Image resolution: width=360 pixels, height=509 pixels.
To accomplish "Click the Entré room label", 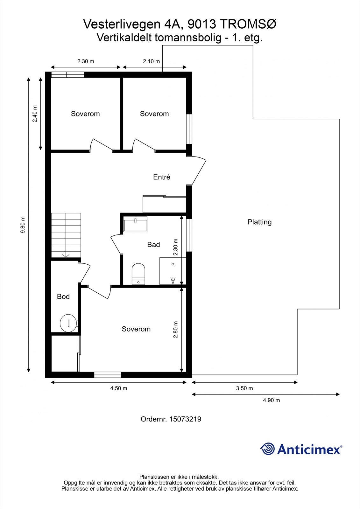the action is pyautogui.click(x=161, y=177).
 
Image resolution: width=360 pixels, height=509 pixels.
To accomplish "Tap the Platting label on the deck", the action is pyautogui.click(x=259, y=222).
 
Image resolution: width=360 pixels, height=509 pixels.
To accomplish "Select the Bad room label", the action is pyautogui.click(x=153, y=245).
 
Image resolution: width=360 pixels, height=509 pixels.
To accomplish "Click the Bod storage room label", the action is pyautogui.click(x=63, y=296).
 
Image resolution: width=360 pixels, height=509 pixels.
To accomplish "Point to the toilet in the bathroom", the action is pyautogui.click(x=138, y=274).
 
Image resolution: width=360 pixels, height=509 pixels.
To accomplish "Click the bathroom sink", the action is pyautogui.click(x=135, y=224).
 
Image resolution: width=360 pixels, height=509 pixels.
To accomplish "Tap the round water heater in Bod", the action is pyautogui.click(x=68, y=323).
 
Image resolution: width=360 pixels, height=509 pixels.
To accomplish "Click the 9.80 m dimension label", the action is pyautogui.click(x=23, y=225).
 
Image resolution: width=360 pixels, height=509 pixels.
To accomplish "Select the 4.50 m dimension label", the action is pyautogui.click(x=119, y=388).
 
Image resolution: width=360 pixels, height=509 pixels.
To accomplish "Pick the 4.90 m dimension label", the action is pyautogui.click(x=271, y=407).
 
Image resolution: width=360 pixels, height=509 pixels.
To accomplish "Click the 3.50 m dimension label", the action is pyautogui.click(x=244, y=388).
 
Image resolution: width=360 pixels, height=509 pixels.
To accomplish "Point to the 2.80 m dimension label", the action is pyautogui.click(x=175, y=330).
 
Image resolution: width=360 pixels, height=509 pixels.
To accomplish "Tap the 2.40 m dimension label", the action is pyautogui.click(x=35, y=114).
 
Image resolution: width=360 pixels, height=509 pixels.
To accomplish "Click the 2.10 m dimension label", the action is pyautogui.click(x=151, y=61).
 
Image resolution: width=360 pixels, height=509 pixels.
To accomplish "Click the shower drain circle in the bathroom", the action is pyautogui.click(x=173, y=264).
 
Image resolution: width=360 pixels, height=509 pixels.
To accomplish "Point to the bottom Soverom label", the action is pyautogui.click(x=136, y=329).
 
